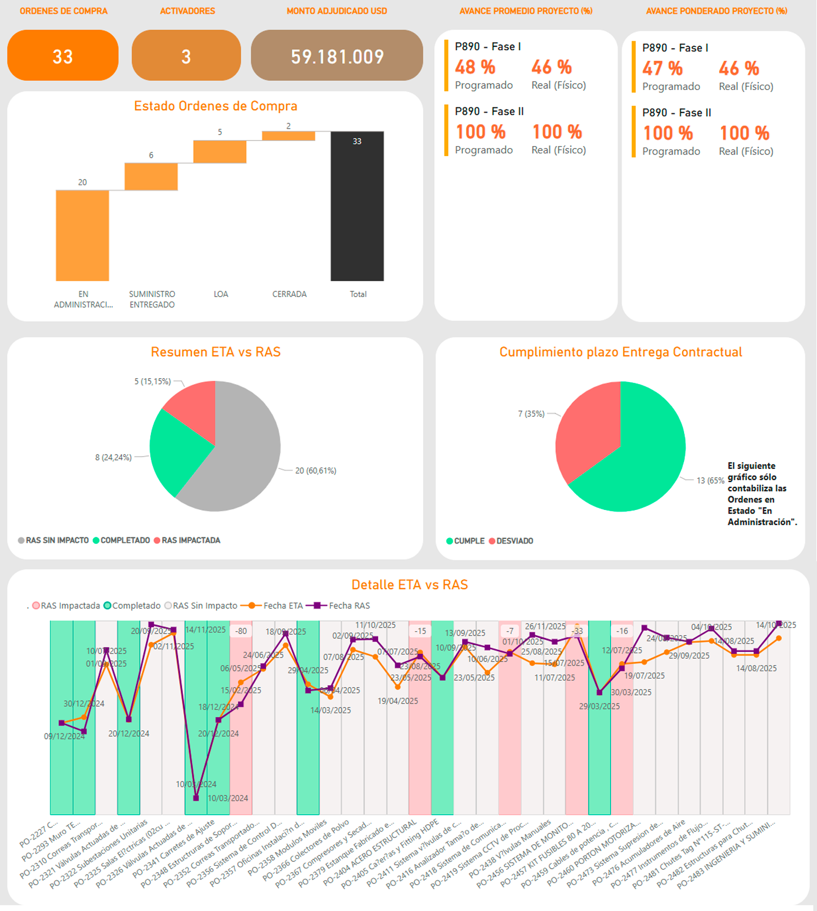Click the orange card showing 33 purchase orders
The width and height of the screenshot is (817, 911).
pos(62,56)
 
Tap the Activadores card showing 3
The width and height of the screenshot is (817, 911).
pos(186,56)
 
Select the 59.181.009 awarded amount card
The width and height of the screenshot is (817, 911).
pos(337,56)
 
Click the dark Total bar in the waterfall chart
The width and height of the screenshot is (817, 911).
pos(357,206)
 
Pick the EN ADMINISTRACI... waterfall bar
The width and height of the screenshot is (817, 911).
pos(83,235)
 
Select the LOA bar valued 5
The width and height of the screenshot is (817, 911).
pos(220,152)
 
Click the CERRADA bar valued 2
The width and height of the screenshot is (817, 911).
pos(289,136)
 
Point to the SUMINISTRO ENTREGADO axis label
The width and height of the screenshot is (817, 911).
pos(152,299)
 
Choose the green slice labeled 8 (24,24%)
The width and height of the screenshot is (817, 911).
pos(175,450)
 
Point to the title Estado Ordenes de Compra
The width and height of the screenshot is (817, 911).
pos(216,106)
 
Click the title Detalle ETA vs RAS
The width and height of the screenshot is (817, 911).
pos(409,585)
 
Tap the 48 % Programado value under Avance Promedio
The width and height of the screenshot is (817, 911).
pos(475,67)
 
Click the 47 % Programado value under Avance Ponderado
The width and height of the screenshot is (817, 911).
pos(662,69)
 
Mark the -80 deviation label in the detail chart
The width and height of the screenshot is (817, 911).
pos(241,631)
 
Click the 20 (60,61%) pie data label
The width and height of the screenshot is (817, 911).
pos(316,470)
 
